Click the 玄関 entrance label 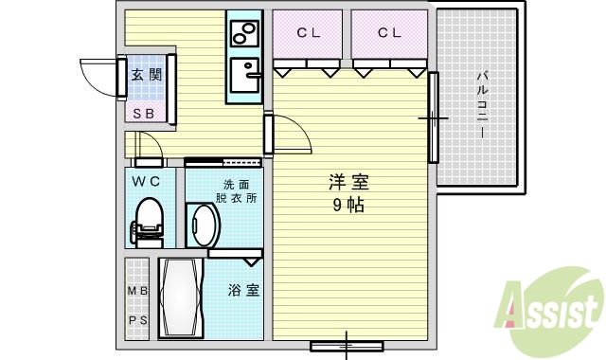tap(146, 76)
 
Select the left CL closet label tap(309, 33)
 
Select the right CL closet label tap(389, 33)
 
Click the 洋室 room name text tap(348, 183)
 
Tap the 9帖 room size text tap(348, 205)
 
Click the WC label tap(146, 180)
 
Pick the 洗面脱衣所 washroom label tap(236, 191)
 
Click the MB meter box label tap(137, 291)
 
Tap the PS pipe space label tap(137, 320)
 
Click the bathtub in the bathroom tap(181, 297)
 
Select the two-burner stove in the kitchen tap(244, 34)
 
